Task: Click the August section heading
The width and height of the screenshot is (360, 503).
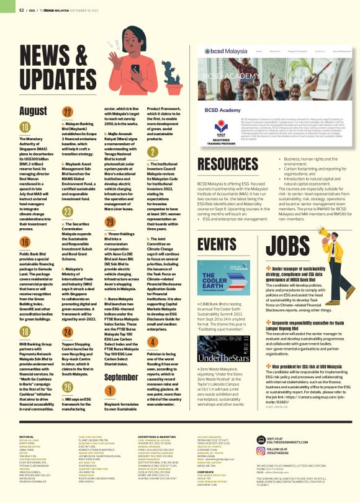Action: pyautogui.click(x=34, y=111)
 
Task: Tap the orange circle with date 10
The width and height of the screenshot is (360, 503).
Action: pyautogui.click(x=25, y=128)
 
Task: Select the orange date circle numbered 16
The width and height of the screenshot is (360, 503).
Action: pyautogui.click(x=25, y=242)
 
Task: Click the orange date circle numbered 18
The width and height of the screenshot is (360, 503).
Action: pyautogui.click(x=25, y=333)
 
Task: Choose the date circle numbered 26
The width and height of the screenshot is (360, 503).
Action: pyautogui.click(x=67, y=370)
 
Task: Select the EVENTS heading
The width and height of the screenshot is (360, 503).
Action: pyautogui.click(x=215, y=242)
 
